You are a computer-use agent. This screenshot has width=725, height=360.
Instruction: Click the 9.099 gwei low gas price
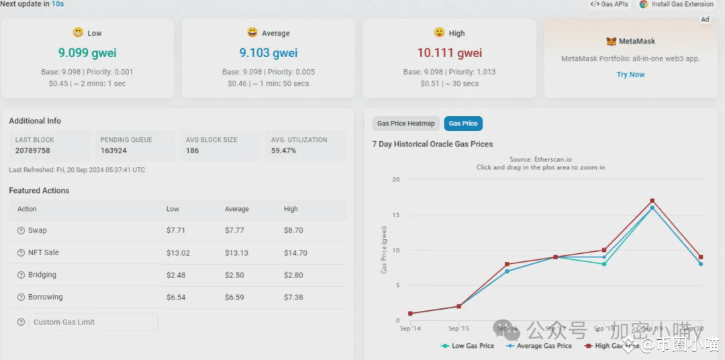click(87, 53)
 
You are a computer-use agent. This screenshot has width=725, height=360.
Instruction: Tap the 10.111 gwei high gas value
click(450, 53)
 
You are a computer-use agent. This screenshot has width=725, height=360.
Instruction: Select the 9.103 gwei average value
click(269, 53)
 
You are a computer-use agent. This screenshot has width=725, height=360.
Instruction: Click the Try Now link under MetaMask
click(630, 75)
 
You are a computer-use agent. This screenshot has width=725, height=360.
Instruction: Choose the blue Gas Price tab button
click(463, 124)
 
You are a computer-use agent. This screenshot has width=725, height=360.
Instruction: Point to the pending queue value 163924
click(113, 150)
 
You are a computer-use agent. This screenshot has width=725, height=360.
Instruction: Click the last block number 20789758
click(33, 150)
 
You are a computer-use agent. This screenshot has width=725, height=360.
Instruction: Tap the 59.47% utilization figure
click(283, 150)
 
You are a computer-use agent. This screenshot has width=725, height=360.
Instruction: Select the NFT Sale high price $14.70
click(295, 253)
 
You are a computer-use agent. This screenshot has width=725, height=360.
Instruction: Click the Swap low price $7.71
click(176, 230)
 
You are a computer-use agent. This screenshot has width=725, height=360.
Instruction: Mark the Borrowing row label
click(45, 297)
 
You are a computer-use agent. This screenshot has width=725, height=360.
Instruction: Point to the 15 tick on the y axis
click(395, 216)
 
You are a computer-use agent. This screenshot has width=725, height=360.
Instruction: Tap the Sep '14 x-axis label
click(409, 328)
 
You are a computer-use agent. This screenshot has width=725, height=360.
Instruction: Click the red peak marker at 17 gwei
click(652, 201)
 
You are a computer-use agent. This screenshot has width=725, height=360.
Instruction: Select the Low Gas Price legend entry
click(473, 346)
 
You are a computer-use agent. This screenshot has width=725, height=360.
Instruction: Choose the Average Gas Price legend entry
click(544, 346)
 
